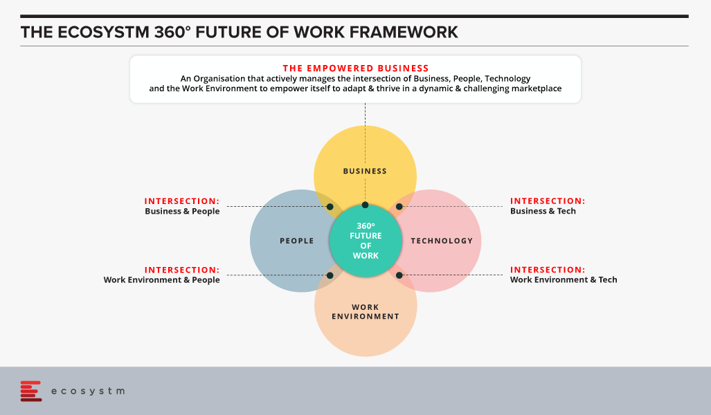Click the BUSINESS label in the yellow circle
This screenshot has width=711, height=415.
pos(365,172)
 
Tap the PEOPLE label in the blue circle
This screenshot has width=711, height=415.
pos(296,241)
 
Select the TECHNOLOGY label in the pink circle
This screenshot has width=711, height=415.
pos(442,241)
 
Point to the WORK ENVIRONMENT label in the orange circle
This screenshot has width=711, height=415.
pos(366,312)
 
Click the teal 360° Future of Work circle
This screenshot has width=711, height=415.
pos(366,241)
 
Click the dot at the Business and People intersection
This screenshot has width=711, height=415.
pos(330,207)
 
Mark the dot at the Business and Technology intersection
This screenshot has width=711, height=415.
pos(399,207)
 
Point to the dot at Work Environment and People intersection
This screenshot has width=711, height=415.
pos(330,275)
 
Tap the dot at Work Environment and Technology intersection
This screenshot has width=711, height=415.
pos(399,275)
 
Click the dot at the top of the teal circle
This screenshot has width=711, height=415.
pos(365,205)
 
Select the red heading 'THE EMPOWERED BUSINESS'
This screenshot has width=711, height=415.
pos(356,68)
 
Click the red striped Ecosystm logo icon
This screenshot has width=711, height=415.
pos(31,391)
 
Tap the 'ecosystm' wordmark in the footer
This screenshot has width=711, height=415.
pos(88,391)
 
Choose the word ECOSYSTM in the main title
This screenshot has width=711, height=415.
pos(103,33)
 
